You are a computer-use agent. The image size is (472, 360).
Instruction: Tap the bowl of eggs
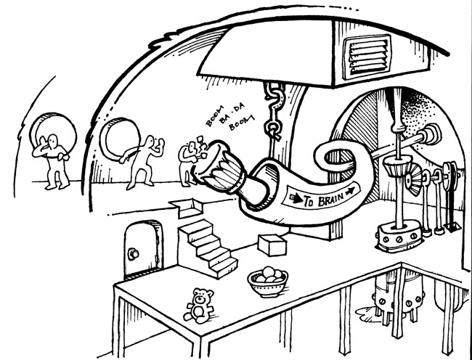267,279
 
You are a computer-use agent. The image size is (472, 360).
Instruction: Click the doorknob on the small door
133,253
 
